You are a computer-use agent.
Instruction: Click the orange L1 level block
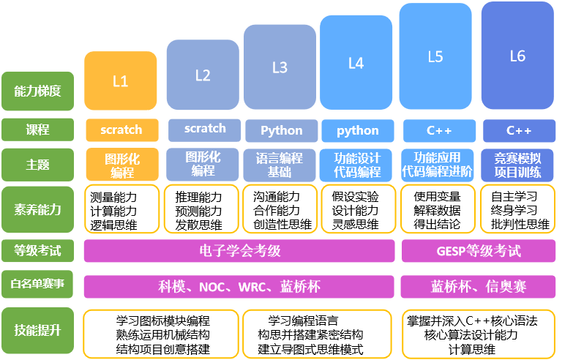121,80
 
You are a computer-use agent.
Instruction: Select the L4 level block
356,63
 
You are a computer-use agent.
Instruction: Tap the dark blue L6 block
517,56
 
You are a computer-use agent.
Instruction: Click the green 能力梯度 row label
37,91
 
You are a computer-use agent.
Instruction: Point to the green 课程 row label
37,130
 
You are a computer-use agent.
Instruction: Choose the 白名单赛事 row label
37,285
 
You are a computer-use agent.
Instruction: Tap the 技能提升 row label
37,331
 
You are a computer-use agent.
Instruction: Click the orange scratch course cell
121,130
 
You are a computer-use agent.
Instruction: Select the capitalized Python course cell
281,130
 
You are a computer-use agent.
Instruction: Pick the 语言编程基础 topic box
280,165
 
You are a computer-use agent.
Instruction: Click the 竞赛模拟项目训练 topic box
517,165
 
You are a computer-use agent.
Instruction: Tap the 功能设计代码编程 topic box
358,165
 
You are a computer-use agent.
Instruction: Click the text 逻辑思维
113,224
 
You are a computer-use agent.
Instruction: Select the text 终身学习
514,211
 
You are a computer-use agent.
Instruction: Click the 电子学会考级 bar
240,251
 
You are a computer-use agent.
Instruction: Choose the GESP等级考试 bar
479,251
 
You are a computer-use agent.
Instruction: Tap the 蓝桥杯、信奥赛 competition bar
479,286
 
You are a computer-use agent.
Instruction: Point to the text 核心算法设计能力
471,334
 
